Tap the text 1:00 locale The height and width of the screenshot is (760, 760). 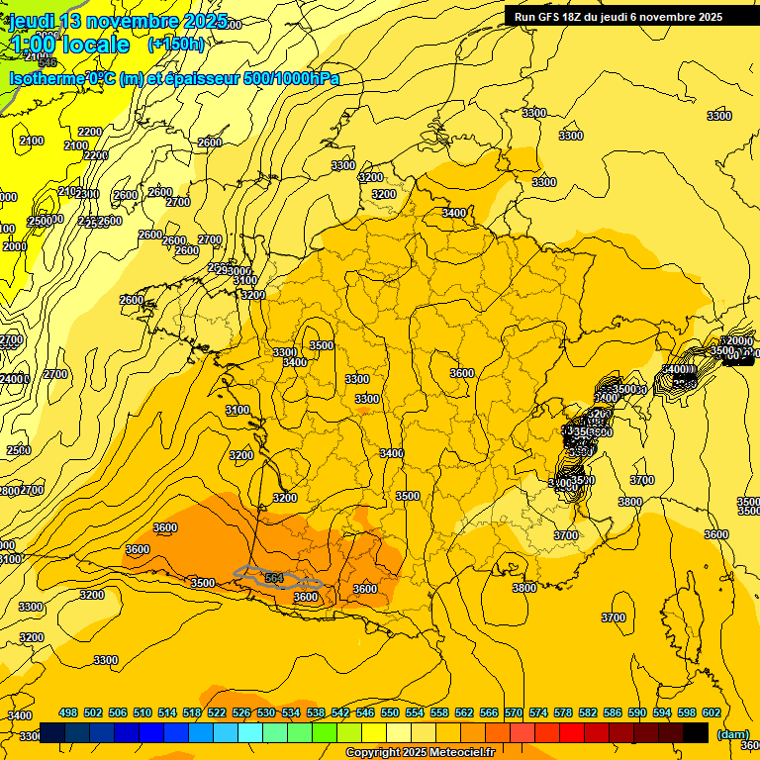click(69, 45)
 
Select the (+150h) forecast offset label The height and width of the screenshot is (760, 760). click(176, 45)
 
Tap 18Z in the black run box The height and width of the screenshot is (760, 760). click(580, 17)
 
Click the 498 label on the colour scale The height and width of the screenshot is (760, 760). click(68, 713)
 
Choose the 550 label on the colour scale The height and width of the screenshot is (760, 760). click(389, 713)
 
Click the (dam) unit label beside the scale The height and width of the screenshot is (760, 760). click(732, 734)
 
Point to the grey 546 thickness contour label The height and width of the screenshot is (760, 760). click(47, 62)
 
